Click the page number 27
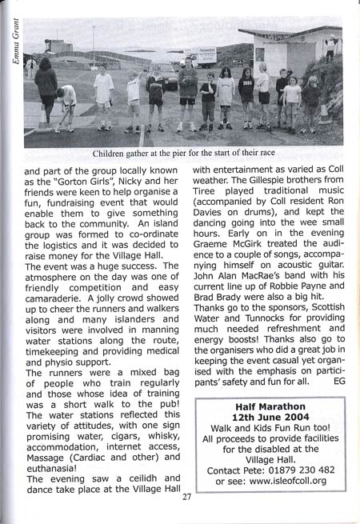tap(186, 497)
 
